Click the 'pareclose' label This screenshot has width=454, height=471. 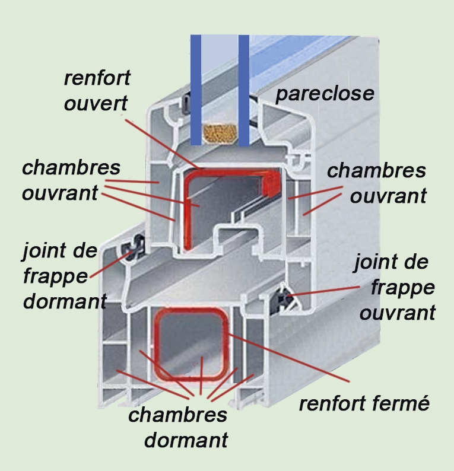[x=325, y=94]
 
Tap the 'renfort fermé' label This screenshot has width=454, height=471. [x=363, y=404]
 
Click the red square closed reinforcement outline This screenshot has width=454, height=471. [x=158, y=344]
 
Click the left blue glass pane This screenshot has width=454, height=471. [x=196, y=89]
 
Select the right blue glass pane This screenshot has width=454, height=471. [x=243, y=89]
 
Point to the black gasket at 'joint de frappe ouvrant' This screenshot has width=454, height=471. [x=285, y=295]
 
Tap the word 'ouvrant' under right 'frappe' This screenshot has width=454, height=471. [x=396, y=312]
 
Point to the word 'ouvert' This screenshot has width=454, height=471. [x=96, y=104]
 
